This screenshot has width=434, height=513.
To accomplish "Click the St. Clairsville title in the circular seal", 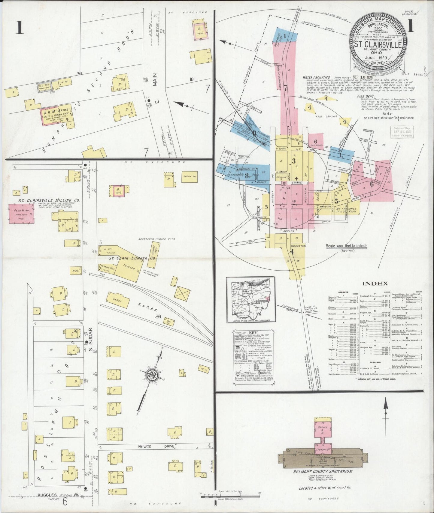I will click(x=377, y=44).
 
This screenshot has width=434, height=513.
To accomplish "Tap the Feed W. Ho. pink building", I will click(x=21, y=214).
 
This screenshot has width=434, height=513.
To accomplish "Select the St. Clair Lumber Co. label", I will click(x=132, y=258).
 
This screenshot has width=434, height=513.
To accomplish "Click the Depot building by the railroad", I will click(x=118, y=300).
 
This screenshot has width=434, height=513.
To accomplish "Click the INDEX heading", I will click(x=375, y=283).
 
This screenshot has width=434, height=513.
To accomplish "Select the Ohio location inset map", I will click(x=251, y=300).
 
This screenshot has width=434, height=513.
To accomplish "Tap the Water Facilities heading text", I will click(x=317, y=77).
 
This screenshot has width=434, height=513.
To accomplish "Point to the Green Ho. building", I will click(x=189, y=177).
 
